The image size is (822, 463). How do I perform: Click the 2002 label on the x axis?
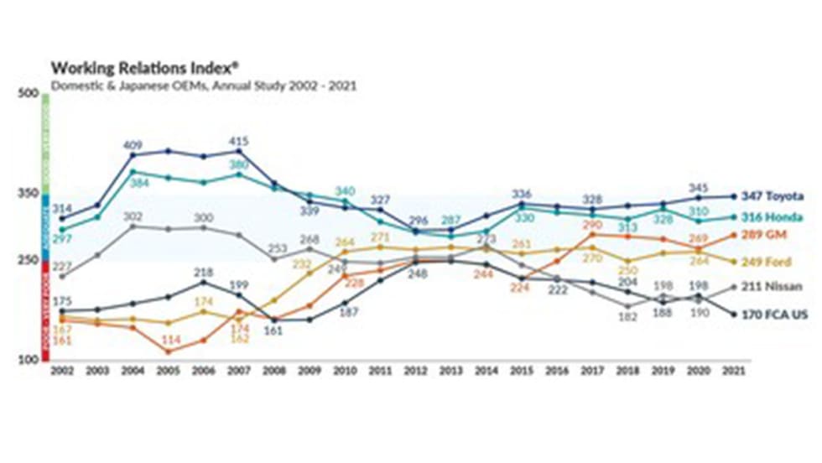pos(61,369)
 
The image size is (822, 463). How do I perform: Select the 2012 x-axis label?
pos(415,369)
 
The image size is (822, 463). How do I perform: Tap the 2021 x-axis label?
pos(734,369)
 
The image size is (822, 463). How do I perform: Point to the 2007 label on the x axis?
pos(238,369)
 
